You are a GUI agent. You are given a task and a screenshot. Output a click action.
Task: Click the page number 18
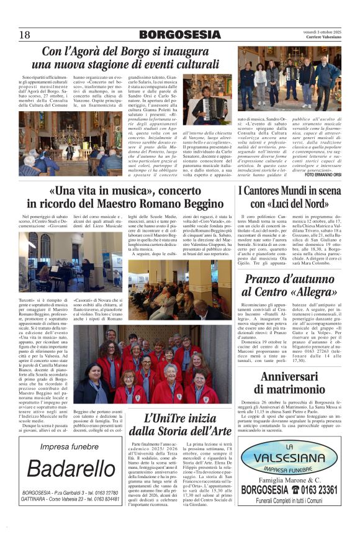coord(25,35)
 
